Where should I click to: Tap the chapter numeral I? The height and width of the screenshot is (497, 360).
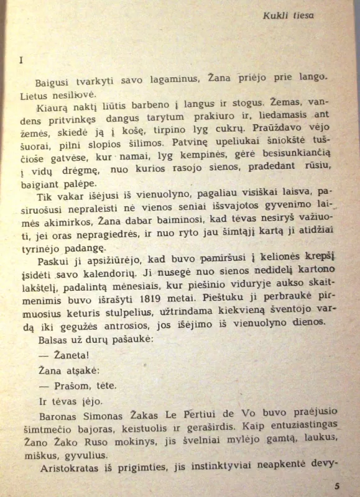tap(21, 60)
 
